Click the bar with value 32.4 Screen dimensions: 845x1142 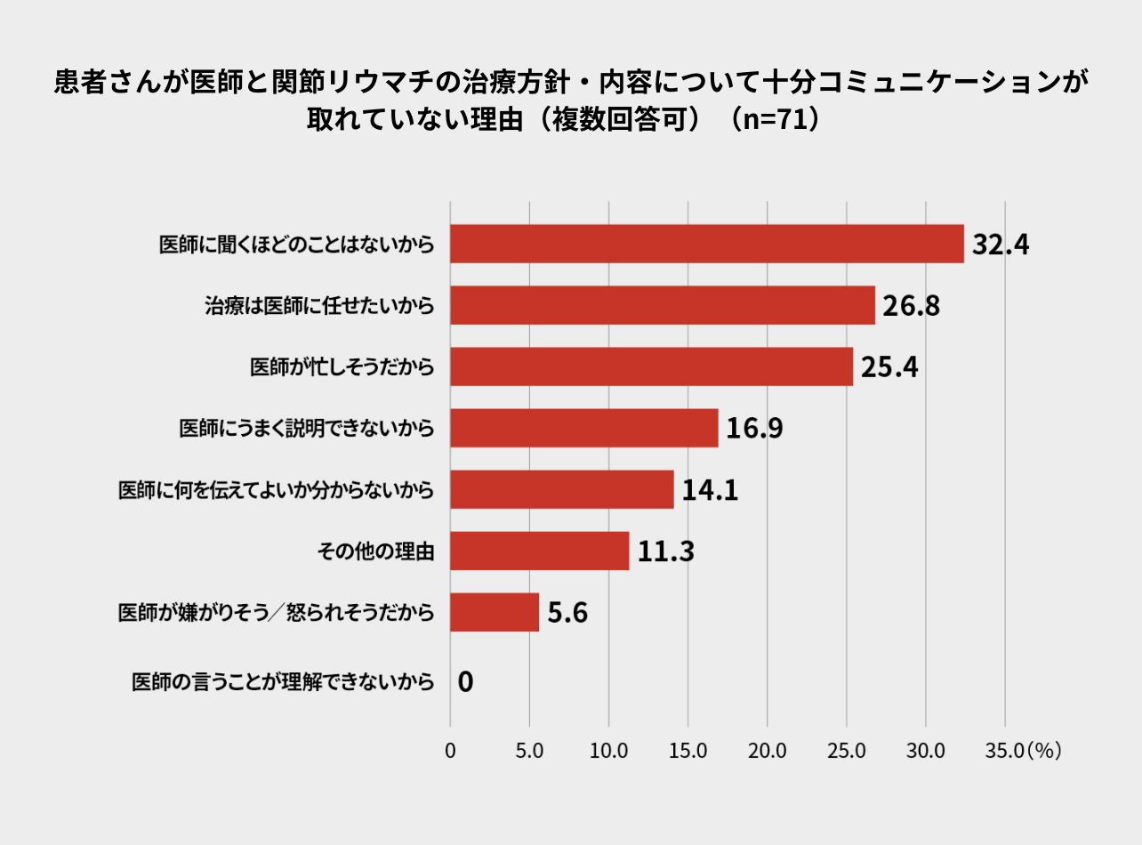click(x=707, y=244)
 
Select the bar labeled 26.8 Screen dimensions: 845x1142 click(x=663, y=305)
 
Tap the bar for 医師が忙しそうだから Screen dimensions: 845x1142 click(x=651, y=366)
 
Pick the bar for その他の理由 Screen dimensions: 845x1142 click(x=539, y=551)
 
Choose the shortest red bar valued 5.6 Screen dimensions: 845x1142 click(x=495, y=612)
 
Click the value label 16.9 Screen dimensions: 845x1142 click(x=754, y=429)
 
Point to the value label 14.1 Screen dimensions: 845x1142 click(x=710, y=490)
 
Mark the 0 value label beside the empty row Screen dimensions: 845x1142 click(x=465, y=683)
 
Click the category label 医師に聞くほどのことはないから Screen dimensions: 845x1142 click(x=296, y=245)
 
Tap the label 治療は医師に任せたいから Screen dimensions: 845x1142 click(x=319, y=306)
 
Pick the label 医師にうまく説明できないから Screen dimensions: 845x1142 click(x=307, y=429)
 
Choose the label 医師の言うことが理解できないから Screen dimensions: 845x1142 click(x=283, y=682)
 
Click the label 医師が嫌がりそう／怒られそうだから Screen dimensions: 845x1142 click(x=277, y=613)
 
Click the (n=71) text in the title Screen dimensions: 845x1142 click(x=773, y=119)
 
